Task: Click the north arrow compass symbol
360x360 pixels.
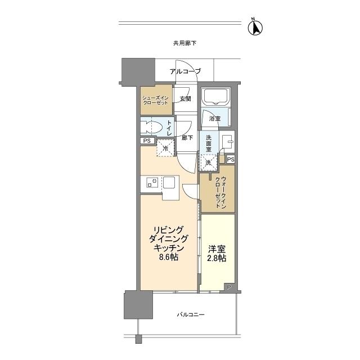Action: pos(255,27)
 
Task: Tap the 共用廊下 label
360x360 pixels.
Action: pos(185,43)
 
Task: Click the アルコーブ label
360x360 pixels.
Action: pos(185,71)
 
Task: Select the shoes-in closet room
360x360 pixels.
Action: pos(156,100)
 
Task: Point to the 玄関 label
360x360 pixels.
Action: pos(185,99)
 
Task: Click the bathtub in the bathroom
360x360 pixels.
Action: pos(215,96)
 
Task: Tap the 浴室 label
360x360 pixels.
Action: pos(215,119)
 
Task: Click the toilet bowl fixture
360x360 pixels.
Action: pos(151,127)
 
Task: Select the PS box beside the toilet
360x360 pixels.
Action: pos(147,141)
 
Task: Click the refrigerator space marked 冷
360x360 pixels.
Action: pos(165,148)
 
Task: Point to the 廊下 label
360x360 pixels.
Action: pos(187,138)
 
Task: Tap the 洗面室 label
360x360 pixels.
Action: pos(209,144)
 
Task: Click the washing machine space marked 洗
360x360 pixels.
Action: pos(208,163)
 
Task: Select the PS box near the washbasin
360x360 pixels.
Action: pos(231,160)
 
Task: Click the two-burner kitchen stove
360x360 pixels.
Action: pos(152,182)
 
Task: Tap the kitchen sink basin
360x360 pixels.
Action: pos(169,182)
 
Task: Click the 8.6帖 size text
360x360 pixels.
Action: pos(169,257)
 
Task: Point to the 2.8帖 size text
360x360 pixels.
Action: pos(217,258)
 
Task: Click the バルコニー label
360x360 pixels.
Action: pos(191,314)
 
